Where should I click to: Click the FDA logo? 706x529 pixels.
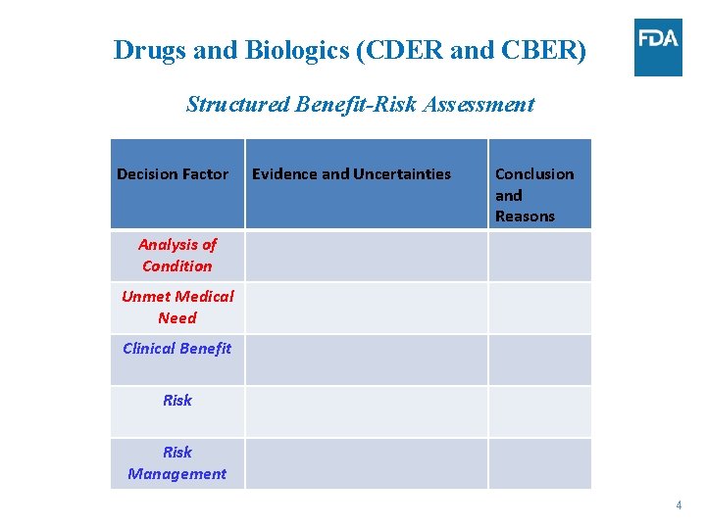(657, 47)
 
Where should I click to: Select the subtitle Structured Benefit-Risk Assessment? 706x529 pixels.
(360, 104)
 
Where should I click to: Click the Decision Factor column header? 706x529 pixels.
(173, 174)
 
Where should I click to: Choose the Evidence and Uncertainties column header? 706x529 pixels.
(351, 174)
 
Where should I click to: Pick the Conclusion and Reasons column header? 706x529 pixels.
(533, 195)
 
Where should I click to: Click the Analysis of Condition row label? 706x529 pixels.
(177, 255)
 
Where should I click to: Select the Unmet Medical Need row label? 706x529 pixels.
(177, 307)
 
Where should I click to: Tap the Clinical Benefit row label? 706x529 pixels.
(177, 349)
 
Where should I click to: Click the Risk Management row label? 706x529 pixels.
(177, 462)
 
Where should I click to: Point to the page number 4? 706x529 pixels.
(678, 505)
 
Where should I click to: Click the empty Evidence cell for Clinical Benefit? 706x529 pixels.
(366, 360)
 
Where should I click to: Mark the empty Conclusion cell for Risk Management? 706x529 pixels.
(539, 462)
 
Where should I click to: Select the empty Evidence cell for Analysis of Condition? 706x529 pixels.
(366, 256)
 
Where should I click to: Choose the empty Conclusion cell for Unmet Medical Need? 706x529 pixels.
(539, 308)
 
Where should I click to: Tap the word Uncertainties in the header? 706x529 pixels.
(402, 174)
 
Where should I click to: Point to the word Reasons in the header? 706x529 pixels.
(525, 216)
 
